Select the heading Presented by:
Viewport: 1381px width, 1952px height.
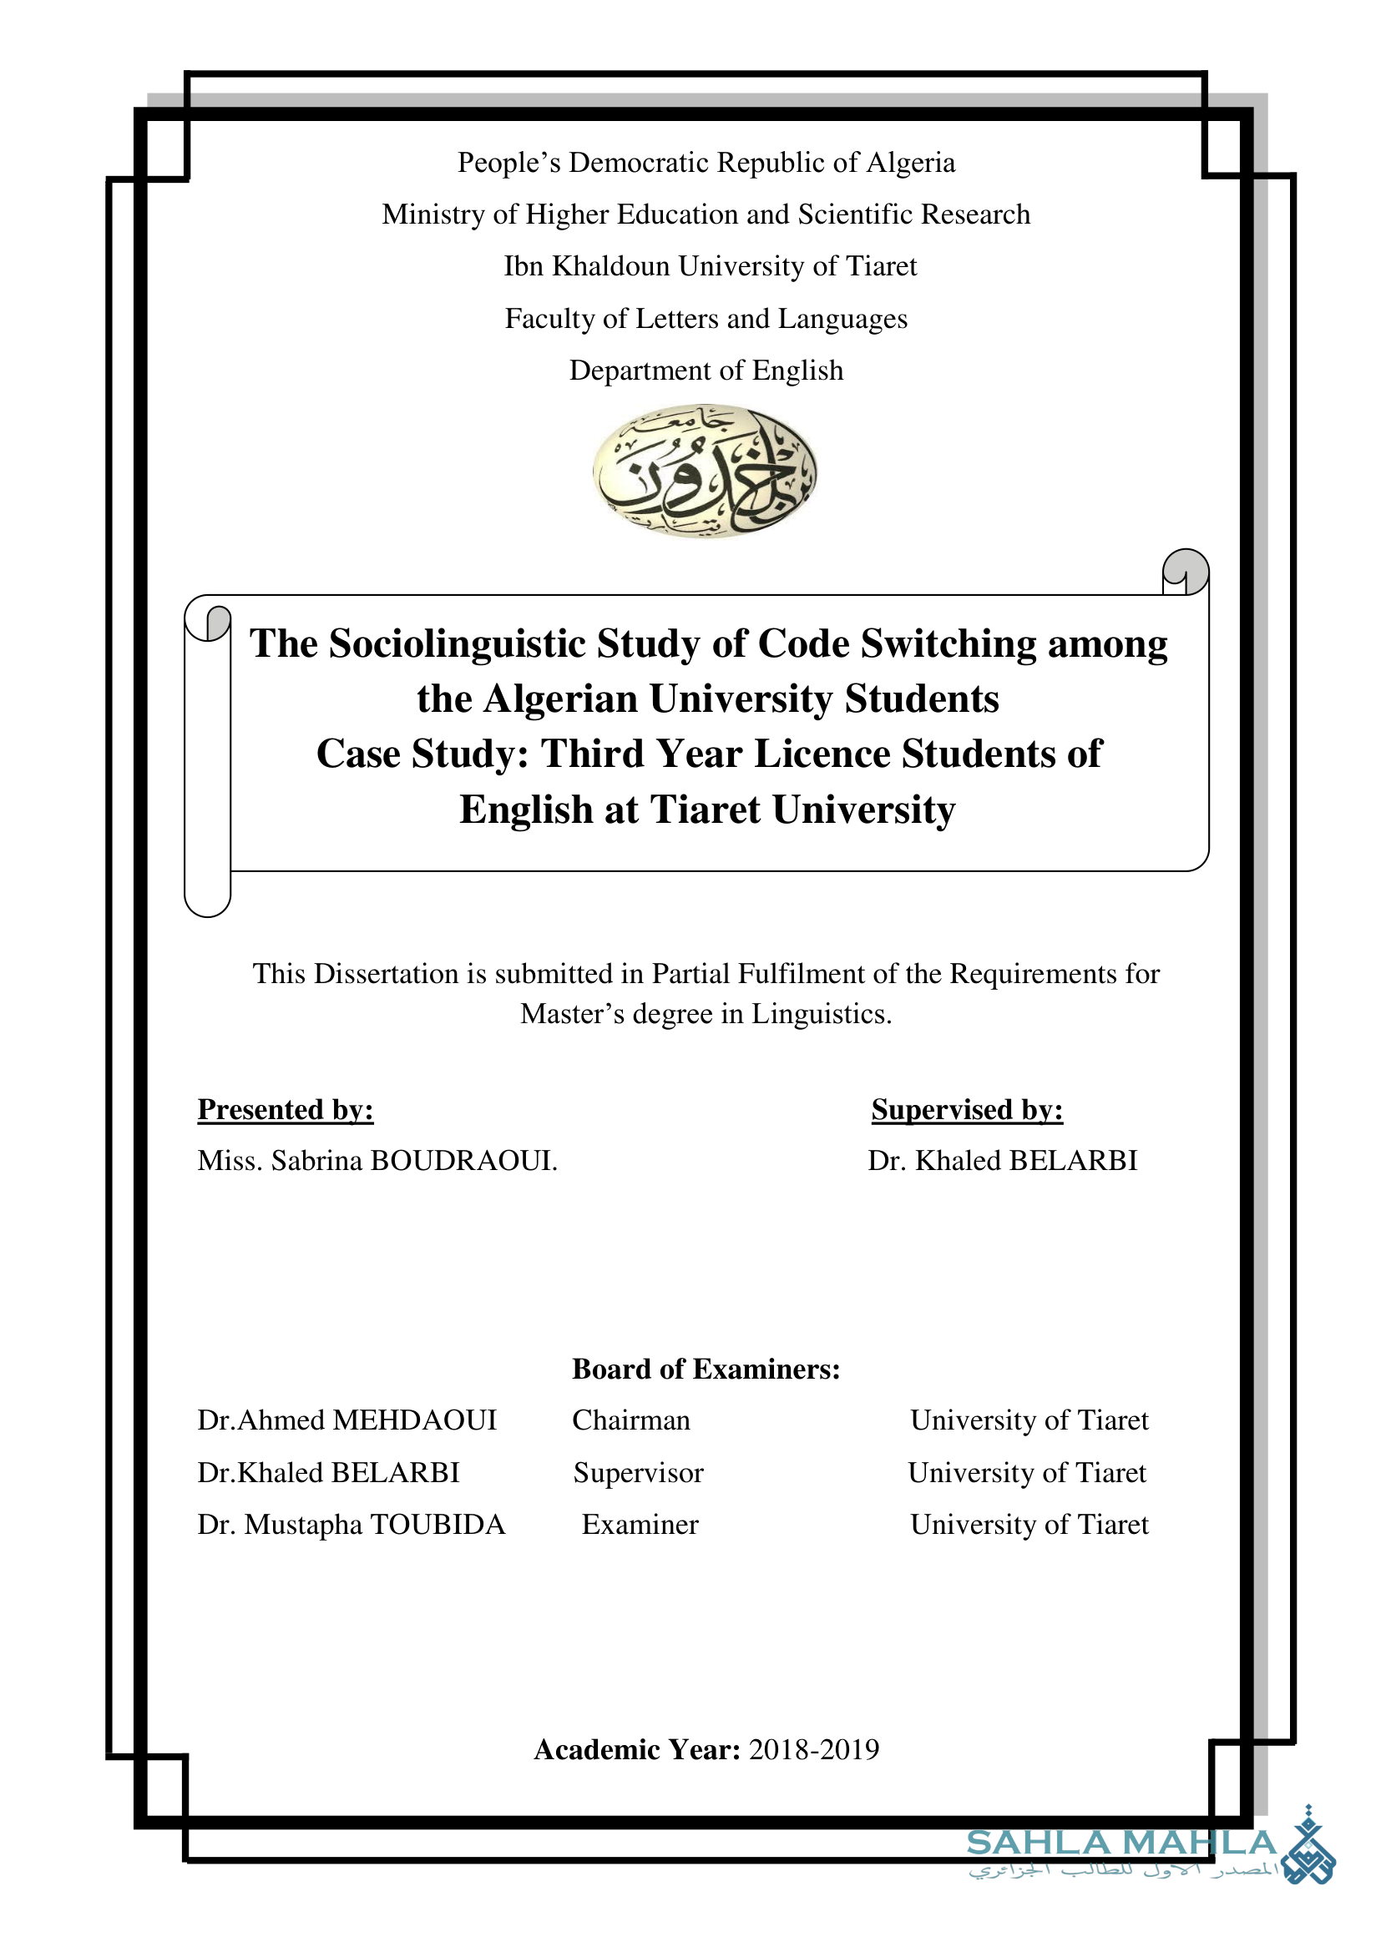click(x=285, y=1109)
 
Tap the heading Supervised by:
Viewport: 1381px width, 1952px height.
click(x=967, y=1109)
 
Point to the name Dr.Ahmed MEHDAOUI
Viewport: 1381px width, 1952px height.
click(x=347, y=1420)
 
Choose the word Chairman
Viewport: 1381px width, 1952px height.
click(x=631, y=1420)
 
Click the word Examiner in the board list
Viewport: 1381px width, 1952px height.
click(x=640, y=1525)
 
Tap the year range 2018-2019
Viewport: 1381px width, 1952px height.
click(x=814, y=1750)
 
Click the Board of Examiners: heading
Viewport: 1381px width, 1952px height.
click(x=706, y=1369)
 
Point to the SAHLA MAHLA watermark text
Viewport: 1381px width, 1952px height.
click(x=1120, y=1843)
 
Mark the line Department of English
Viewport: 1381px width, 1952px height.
click(x=706, y=371)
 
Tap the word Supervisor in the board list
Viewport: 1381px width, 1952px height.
click(x=639, y=1472)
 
